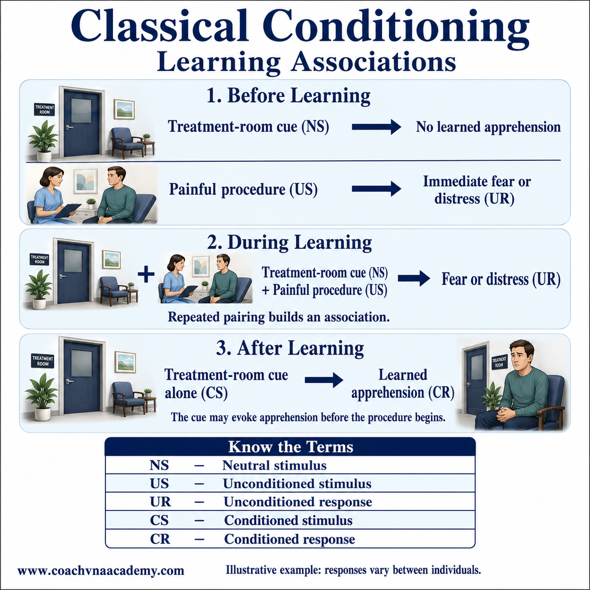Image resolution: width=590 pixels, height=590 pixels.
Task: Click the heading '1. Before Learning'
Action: (x=289, y=96)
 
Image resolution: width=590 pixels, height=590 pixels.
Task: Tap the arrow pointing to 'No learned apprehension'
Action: (x=376, y=127)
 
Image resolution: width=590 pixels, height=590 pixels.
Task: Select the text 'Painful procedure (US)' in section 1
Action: (x=243, y=189)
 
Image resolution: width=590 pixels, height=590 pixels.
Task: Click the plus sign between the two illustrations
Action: (x=146, y=274)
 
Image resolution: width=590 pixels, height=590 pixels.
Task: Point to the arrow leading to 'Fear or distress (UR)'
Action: (x=414, y=278)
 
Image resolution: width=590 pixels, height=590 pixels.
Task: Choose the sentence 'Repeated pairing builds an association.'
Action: (x=279, y=317)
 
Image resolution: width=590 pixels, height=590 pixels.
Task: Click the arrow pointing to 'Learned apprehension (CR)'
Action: (x=324, y=380)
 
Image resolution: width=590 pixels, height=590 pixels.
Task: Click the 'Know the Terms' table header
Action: (x=290, y=447)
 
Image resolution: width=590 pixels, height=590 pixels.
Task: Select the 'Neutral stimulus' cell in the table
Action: (x=274, y=466)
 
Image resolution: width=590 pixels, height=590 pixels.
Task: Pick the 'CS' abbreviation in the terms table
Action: (x=159, y=520)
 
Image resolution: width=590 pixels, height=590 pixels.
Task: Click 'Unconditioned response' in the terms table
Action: (x=298, y=502)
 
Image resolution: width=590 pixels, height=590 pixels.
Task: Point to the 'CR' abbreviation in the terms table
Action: (x=160, y=539)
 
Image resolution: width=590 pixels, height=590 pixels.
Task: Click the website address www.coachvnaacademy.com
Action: (x=101, y=571)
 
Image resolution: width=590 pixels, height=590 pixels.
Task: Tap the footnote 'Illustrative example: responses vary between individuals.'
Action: (x=353, y=570)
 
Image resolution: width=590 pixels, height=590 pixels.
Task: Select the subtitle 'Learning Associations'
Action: (x=307, y=62)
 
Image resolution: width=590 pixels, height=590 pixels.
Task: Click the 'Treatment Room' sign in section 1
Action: (x=44, y=109)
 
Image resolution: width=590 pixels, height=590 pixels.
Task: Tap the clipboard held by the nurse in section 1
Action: (x=68, y=210)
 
